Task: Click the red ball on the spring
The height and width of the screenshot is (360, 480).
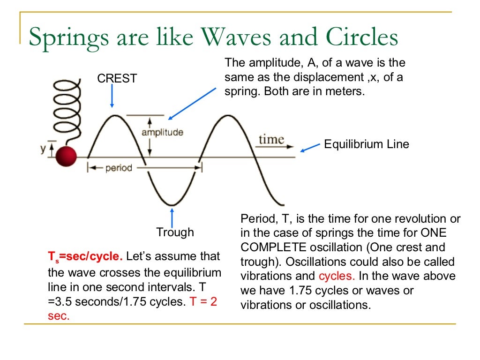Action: coord(66,156)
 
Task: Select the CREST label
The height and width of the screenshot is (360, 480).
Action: coord(117,79)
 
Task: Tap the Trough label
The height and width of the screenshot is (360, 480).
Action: coord(175,232)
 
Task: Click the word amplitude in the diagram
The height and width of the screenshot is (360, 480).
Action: coord(162,132)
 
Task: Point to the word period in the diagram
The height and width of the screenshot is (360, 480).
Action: coord(119,168)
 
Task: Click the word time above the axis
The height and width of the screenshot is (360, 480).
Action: coord(271,139)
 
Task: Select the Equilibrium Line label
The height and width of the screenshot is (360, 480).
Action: coord(366,144)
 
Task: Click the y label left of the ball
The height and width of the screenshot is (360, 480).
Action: coord(43,149)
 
